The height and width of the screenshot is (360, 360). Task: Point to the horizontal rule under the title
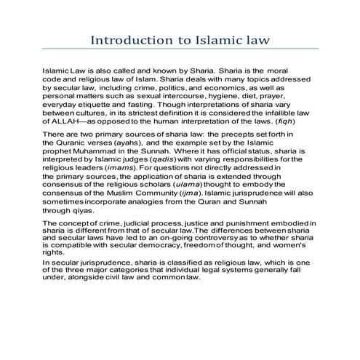tap(180, 49)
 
